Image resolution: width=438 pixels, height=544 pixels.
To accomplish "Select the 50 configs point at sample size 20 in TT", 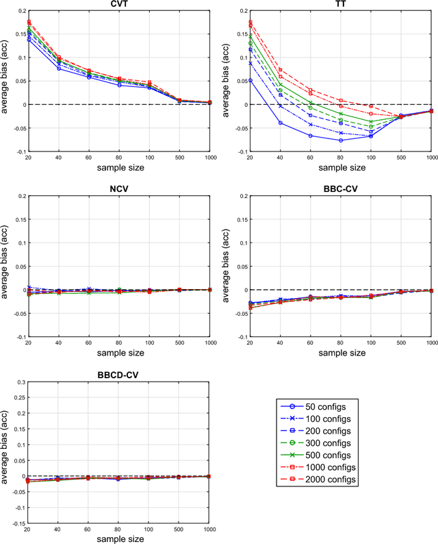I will pyautogui.click(x=250, y=80).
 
